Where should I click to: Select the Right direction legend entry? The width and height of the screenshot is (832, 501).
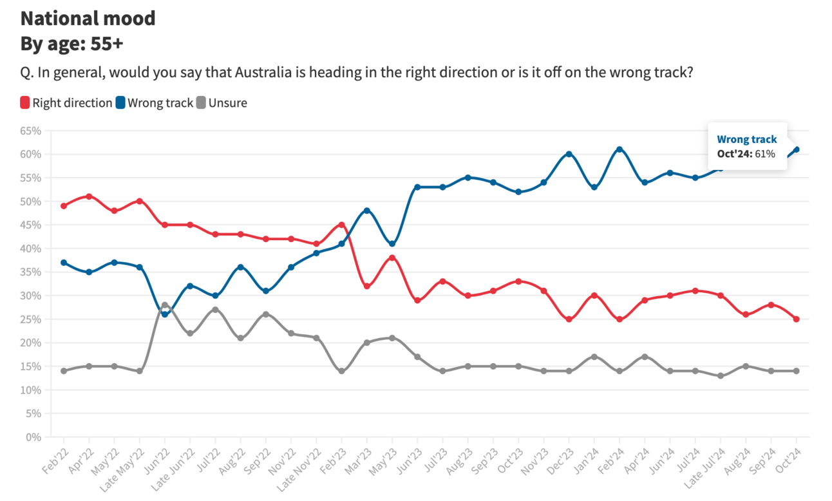pyautogui.click(x=66, y=102)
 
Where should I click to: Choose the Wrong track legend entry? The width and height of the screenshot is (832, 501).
pyautogui.click(x=155, y=102)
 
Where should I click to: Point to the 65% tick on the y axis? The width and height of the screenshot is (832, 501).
pyautogui.click(x=30, y=131)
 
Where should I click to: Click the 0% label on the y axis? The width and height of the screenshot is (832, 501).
pyautogui.click(x=33, y=437)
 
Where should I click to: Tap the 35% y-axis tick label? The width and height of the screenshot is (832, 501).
pyautogui.click(x=30, y=272)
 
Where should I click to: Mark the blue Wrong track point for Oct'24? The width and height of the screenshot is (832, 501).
pyautogui.click(x=797, y=149)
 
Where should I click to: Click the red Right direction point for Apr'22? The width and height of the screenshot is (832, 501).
pyautogui.click(x=89, y=196)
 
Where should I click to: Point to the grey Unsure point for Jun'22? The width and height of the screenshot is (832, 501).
pyautogui.click(x=165, y=305)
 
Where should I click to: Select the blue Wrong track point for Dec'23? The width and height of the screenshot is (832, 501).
pyautogui.click(x=569, y=154)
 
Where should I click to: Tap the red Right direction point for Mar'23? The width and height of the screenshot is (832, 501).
pyautogui.click(x=367, y=286)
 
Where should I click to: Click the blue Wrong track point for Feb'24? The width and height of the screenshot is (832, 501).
pyautogui.click(x=619, y=149)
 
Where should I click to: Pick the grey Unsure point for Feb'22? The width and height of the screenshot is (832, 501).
pyautogui.click(x=64, y=371)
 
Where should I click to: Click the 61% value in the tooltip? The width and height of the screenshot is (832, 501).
pyautogui.click(x=765, y=154)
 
